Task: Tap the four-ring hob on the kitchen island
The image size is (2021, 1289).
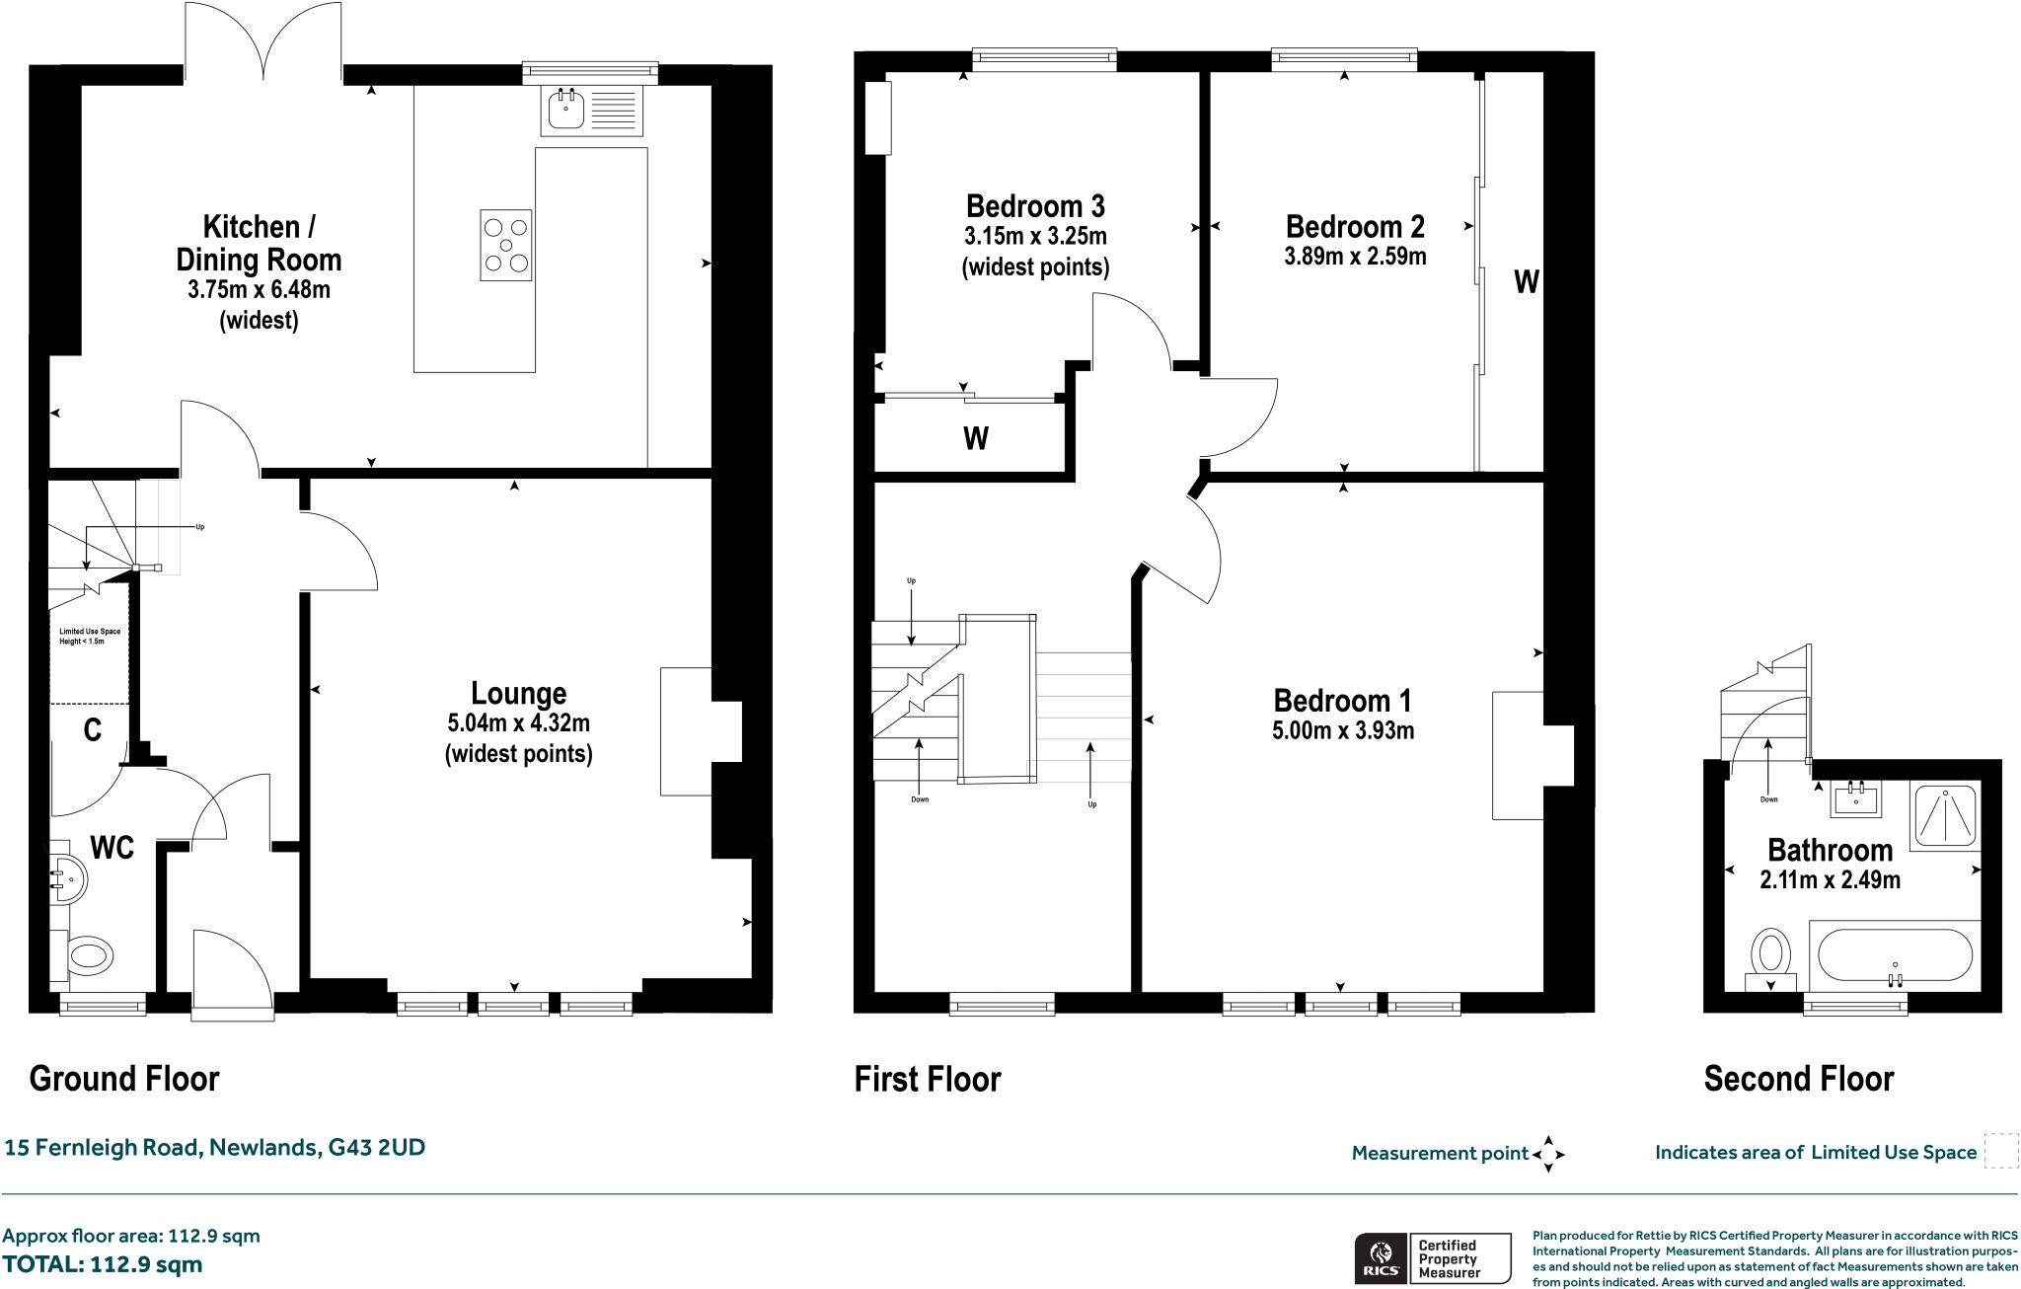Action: (x=505, y=245)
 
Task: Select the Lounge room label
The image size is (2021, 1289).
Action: (x=518, y=694)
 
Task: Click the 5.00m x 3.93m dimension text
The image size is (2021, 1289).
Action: (x=1343, y=731)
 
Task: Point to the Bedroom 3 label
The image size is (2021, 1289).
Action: (x=1035, y=206)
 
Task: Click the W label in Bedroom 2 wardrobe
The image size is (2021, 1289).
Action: (x=1526, y=283)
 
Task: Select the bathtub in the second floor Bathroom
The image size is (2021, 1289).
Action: (x=1894, y=955)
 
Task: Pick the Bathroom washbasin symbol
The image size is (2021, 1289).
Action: (x=1856, y=798)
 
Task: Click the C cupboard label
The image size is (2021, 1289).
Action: (x=92, y=730)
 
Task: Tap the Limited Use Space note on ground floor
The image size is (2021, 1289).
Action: (x=90, y=636)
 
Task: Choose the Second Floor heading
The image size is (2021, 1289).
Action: (x=1798, y=1079)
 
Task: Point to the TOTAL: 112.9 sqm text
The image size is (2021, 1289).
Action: (x=102, y=1264)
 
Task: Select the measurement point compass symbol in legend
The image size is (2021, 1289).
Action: (x=1548, y=1153)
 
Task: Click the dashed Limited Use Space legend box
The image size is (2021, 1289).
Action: (x=2000, y=1152)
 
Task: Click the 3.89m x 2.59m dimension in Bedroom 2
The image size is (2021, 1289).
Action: (x=1354, y=257)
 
